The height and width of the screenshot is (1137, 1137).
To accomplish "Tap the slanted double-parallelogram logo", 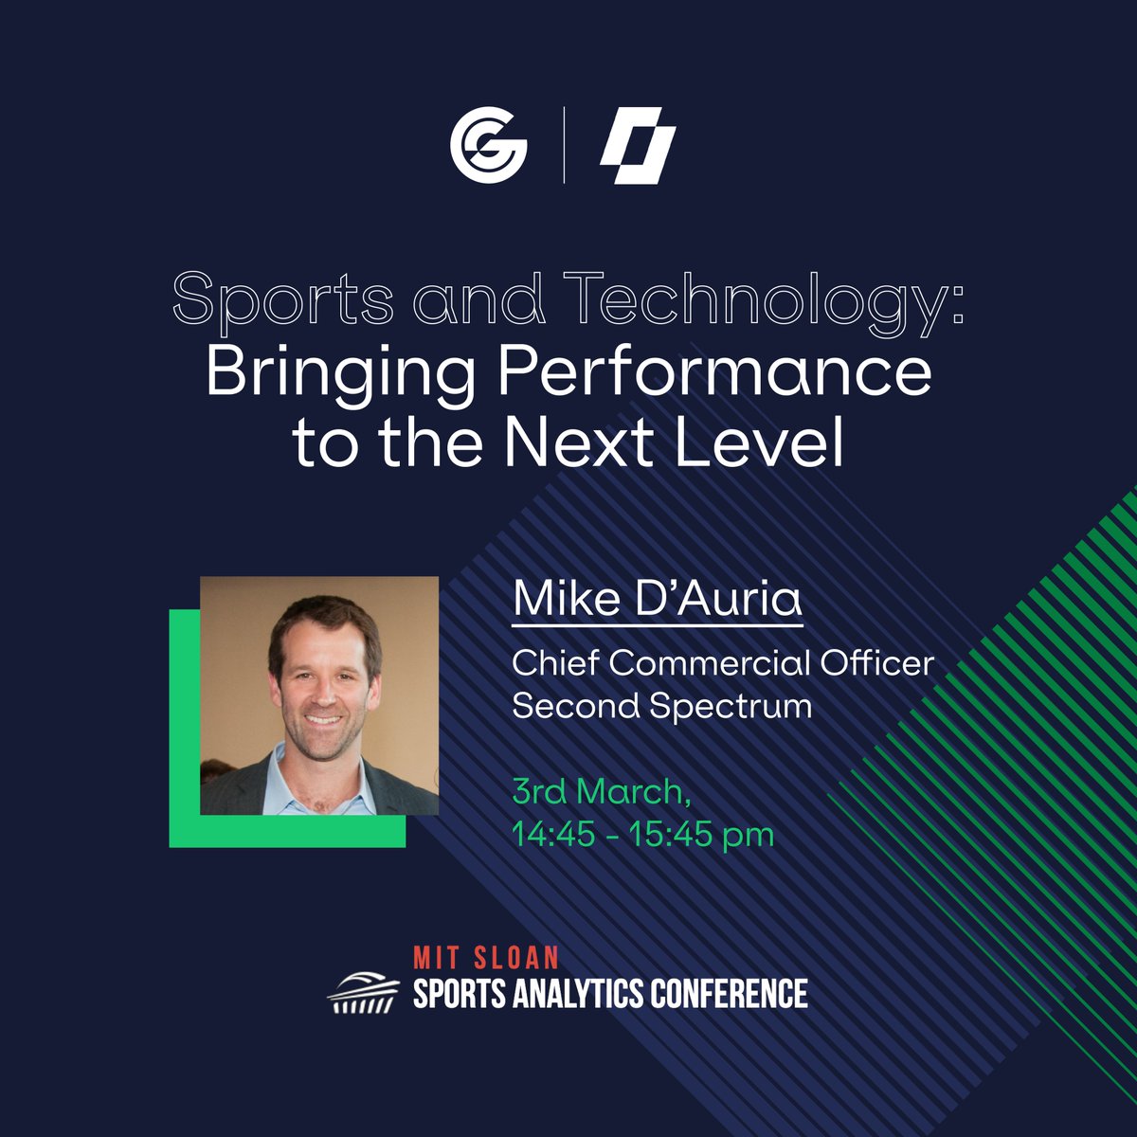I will pos(638,148).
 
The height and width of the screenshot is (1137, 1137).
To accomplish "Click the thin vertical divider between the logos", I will pos(564,147).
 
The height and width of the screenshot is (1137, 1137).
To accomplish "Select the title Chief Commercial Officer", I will pos(722,662).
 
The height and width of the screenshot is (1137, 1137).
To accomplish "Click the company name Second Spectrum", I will pos(661,706).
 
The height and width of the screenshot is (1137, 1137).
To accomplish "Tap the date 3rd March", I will pos(597,789).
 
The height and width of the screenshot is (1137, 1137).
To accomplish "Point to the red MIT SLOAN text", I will pos(486,957).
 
